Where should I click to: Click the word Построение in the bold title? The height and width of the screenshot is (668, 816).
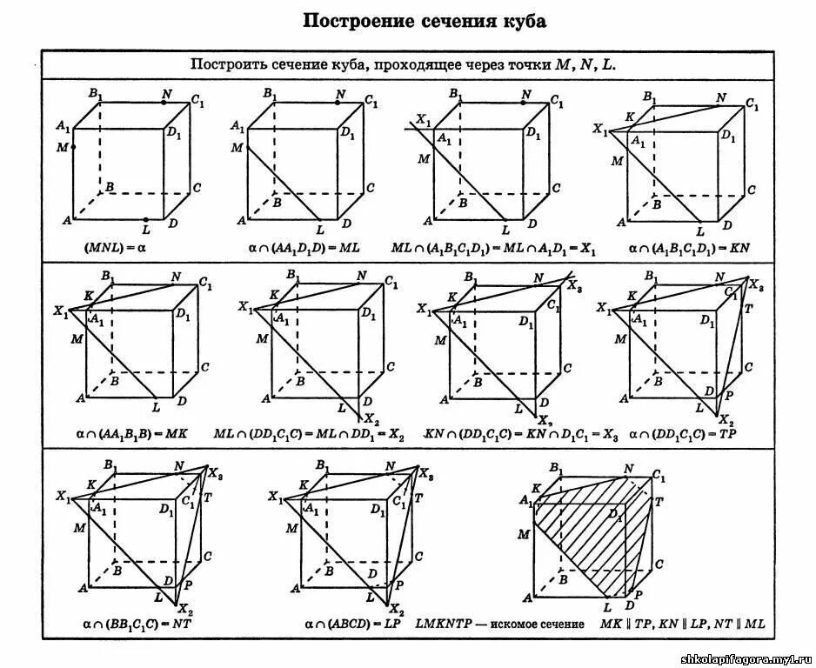click(351, 21)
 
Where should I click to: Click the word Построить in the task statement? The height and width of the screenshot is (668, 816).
click(228, 64)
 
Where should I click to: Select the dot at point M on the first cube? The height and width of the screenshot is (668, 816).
click(73, 147)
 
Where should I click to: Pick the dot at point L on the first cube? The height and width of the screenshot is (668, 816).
click(145, 219)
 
